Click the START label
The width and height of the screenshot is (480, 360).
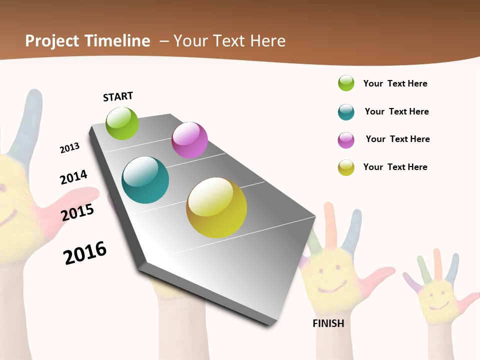coord(118,96)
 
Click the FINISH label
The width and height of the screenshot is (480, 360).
coord(328,323)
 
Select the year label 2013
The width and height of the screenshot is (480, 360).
coord(69,148)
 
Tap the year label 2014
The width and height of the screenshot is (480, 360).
coord(73,177)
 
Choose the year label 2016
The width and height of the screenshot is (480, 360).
coord(85,253)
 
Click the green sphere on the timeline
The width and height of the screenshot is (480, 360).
coord(122,123)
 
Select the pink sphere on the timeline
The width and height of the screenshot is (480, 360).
coord(189,140)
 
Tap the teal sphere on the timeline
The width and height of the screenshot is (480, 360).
coord(145,180)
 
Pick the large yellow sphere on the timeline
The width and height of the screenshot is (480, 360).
coord(216,207)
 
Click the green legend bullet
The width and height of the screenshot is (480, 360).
coord(346,83)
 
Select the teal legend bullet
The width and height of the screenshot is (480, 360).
coord(346,112)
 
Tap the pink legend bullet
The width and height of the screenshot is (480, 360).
coord(346,140)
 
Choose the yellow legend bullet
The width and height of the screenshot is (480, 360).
coord(346,167)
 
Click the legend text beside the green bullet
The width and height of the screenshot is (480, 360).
coord(395,83)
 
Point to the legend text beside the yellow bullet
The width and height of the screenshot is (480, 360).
coord(395,167)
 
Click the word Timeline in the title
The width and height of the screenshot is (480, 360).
coord(117,41)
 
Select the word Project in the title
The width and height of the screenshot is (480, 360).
coord(52,41)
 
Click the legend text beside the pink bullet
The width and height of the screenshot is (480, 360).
coord(397,139)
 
